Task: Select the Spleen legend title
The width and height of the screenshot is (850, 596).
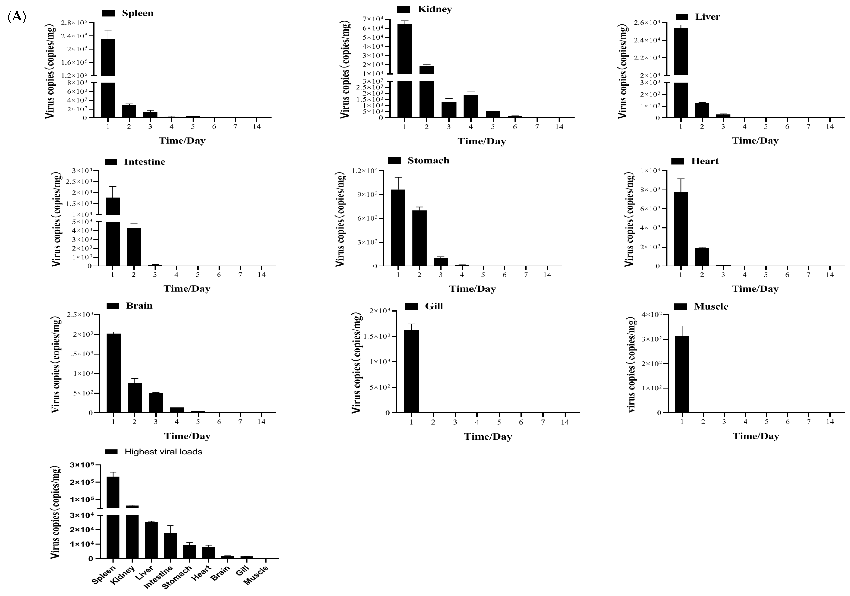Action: click(137, 13)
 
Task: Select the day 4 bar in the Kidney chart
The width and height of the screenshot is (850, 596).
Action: click(471, 106)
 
